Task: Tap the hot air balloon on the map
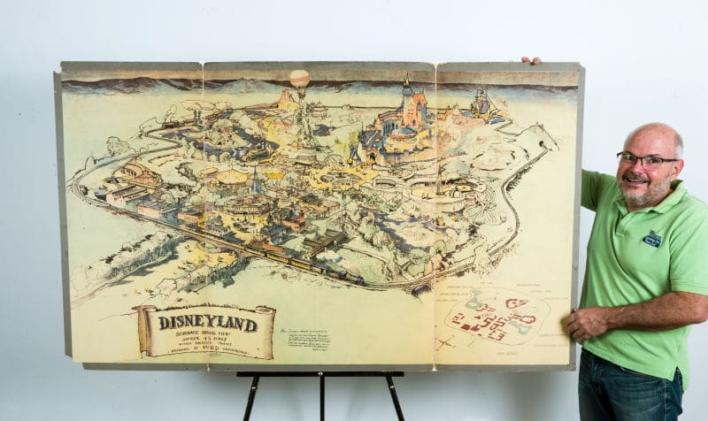click(x=300, y=80)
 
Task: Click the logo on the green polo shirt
click(x=652, y=238)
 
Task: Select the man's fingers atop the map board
click(x=531, y=61)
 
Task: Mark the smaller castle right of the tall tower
click(x=481, y=104)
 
